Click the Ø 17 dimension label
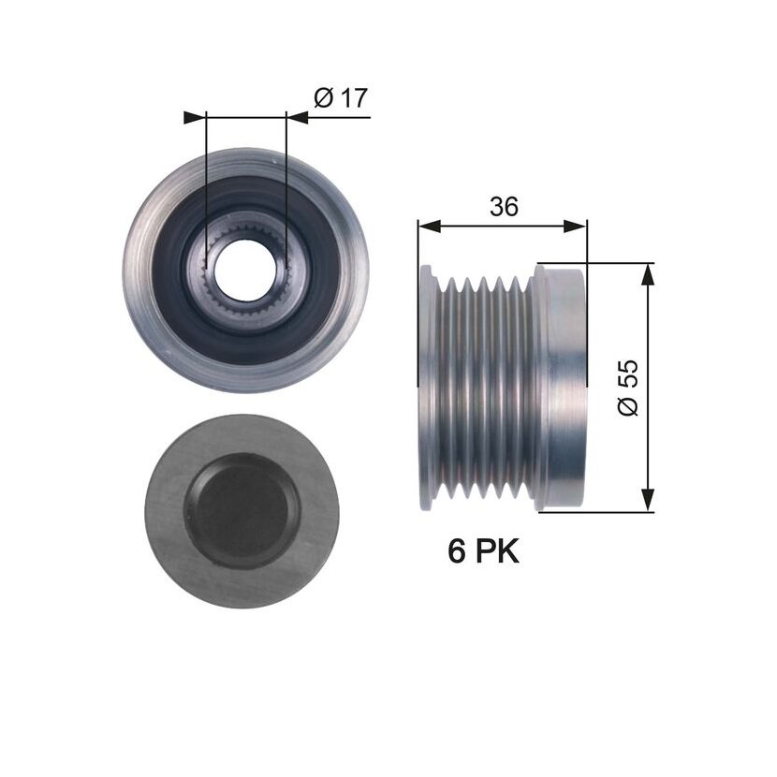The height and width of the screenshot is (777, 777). tap(341, 97)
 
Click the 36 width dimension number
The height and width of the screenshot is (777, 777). tap(504, 206)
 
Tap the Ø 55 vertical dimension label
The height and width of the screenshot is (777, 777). tap(628, 388)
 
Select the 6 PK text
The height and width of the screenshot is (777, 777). tap(483, 551)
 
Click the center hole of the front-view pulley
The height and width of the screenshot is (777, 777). tap(245, 270)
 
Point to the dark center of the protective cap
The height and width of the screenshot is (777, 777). tap(242, 510)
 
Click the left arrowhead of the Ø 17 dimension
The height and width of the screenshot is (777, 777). tap(195, 117)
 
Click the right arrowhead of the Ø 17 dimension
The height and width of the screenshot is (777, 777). tap(298, 117)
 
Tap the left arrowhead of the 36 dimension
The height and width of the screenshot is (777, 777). tap(429, 227)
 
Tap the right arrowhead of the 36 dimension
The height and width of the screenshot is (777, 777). tap(576, 227)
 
